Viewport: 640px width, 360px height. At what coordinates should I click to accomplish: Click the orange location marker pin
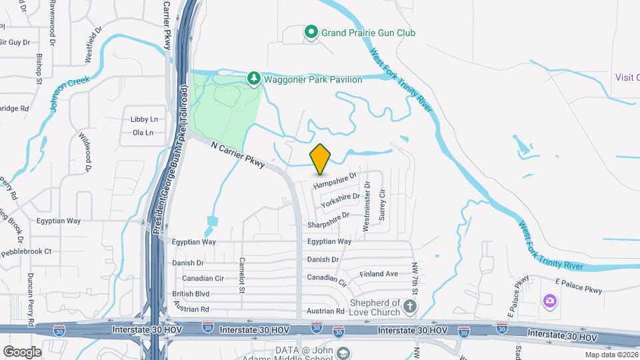pos(321,159)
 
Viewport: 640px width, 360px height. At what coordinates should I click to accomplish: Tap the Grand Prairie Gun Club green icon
pos(311,32)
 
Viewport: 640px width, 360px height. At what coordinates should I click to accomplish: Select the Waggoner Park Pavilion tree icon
pos(254,79)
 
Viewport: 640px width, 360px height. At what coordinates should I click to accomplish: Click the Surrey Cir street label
pos(382,202)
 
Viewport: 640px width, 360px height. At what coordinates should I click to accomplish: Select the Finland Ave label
pos(378,273)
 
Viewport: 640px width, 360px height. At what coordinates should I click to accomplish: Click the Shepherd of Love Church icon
pos(411,306)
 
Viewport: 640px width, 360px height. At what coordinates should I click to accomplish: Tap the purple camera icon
pos(549,301)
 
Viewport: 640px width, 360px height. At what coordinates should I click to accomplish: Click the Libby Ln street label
pos(145,119)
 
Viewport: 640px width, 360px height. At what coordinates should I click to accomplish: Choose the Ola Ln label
pos(143,133)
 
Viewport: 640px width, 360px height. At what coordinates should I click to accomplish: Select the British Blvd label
pos(191,294)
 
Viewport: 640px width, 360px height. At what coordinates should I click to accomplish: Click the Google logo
pos(22,351)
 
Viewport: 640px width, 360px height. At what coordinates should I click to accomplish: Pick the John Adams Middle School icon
pos(343,352)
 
